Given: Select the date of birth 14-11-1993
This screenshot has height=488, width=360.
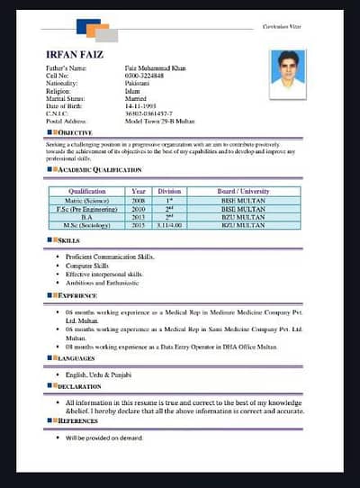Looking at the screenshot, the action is pos(142,107).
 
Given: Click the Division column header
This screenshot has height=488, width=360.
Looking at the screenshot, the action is pos(169,192).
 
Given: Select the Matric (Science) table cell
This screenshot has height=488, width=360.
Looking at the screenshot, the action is pos(86,201).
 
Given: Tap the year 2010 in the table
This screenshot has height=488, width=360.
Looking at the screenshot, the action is pos(138,209).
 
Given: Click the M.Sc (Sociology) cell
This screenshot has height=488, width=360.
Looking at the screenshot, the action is pos(86,225).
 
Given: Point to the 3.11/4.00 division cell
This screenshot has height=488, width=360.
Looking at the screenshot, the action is pos(169,225).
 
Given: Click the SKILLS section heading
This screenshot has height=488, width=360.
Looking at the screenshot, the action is pos(67,241).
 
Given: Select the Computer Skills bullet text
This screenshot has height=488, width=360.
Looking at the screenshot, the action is pos(88,266).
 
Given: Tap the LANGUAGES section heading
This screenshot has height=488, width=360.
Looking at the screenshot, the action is pos(76,358).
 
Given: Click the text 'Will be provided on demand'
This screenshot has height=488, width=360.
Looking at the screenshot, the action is pos(103,438).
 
